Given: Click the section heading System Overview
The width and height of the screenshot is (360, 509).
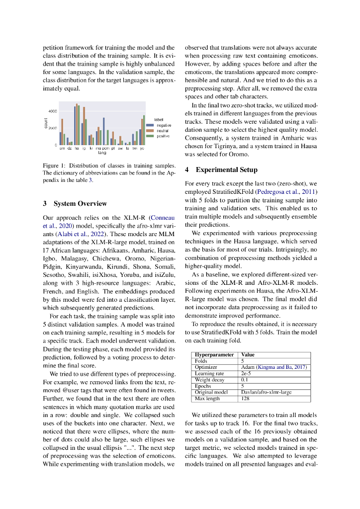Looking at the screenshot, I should pos(80,203).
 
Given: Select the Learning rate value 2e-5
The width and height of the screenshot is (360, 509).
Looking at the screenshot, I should pos(246,373).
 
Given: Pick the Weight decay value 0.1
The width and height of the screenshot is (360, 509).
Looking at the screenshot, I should pos(244,380).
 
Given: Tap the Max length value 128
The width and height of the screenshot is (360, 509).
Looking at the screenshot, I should pos(245,399).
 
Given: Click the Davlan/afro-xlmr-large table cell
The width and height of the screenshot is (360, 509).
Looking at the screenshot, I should pos(266,392).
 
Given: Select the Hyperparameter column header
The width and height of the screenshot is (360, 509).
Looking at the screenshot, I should pos(214,355).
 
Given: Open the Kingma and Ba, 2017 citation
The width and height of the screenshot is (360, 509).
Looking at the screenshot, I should pos(282,367).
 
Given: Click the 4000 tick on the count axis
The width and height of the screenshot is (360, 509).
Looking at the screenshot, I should pos(52,111).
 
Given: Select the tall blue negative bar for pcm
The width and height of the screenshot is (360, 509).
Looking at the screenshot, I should pos(103,131).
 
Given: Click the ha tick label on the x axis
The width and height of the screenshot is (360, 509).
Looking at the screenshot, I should pos(77,148).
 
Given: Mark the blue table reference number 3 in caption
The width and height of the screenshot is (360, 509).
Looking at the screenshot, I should pos(90,180).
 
